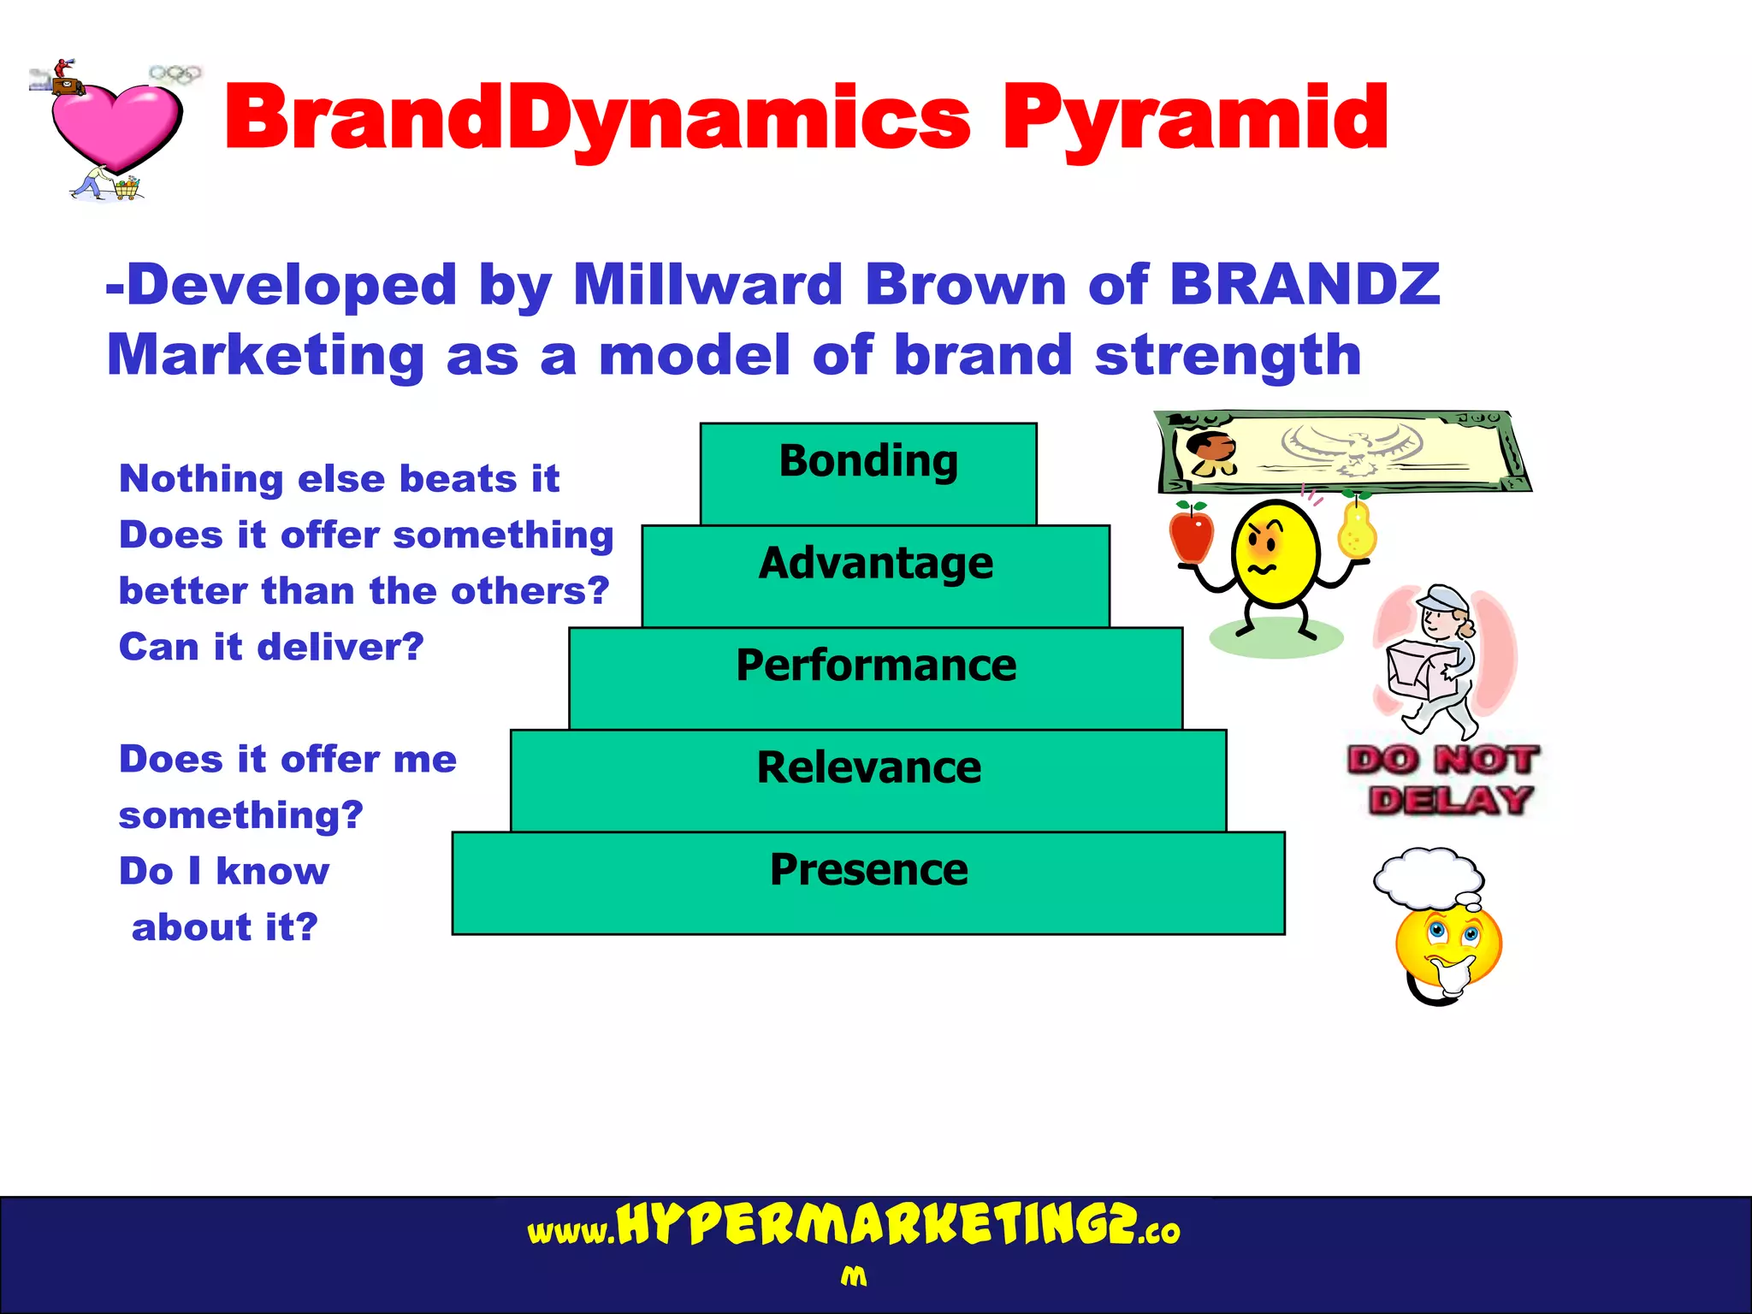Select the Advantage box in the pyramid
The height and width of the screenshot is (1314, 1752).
[875, 575]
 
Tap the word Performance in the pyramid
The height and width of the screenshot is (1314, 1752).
[876, 666]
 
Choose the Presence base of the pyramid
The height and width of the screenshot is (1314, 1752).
[868, 882]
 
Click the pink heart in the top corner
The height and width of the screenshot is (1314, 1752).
[115, 124]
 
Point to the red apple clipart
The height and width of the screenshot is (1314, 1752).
[1192, 534]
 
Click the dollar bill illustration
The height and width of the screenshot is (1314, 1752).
[1343, 451]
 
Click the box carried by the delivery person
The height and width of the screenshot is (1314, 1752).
[1420, 670]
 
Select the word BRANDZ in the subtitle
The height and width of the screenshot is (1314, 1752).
[1304, 285]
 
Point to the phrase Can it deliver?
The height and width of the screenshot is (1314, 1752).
[271, 647]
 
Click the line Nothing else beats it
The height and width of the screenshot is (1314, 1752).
[339, 479]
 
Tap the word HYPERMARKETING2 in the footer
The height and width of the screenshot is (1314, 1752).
[876, 1225]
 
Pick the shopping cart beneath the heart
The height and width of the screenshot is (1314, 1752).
[127, 188]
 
